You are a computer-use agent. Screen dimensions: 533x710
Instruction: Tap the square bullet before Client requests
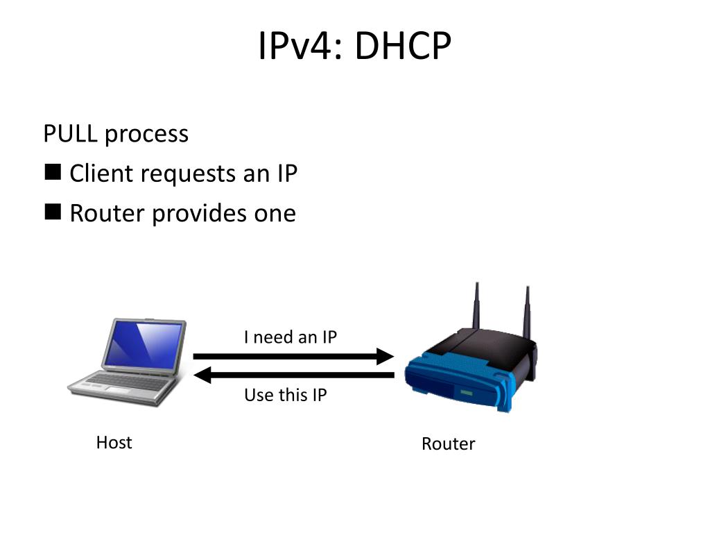pyautogui.click(x=53, y=172)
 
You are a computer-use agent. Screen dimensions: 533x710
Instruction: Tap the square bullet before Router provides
pyautogui.click(x=53, y=212)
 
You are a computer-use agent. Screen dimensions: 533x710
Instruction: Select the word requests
pyautogui.click(x=187, y=174)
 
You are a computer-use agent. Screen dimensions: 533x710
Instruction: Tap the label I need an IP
pyautogui.click(x=291, y=337)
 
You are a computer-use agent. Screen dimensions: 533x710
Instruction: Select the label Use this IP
pyautogui.click(x=285, y=396)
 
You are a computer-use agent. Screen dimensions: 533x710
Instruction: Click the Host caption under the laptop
pyautogui.click(x=114, y=443)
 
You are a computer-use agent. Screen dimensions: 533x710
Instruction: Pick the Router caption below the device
pyautogui.click(x=448, y=444)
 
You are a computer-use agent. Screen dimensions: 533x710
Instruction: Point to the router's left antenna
pyautogui.click(x=476, y=305)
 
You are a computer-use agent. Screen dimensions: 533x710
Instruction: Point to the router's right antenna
pyautogui.click(x=527, y=309)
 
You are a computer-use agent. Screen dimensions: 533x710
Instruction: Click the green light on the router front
pyautogui.click(x=466, y=394)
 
